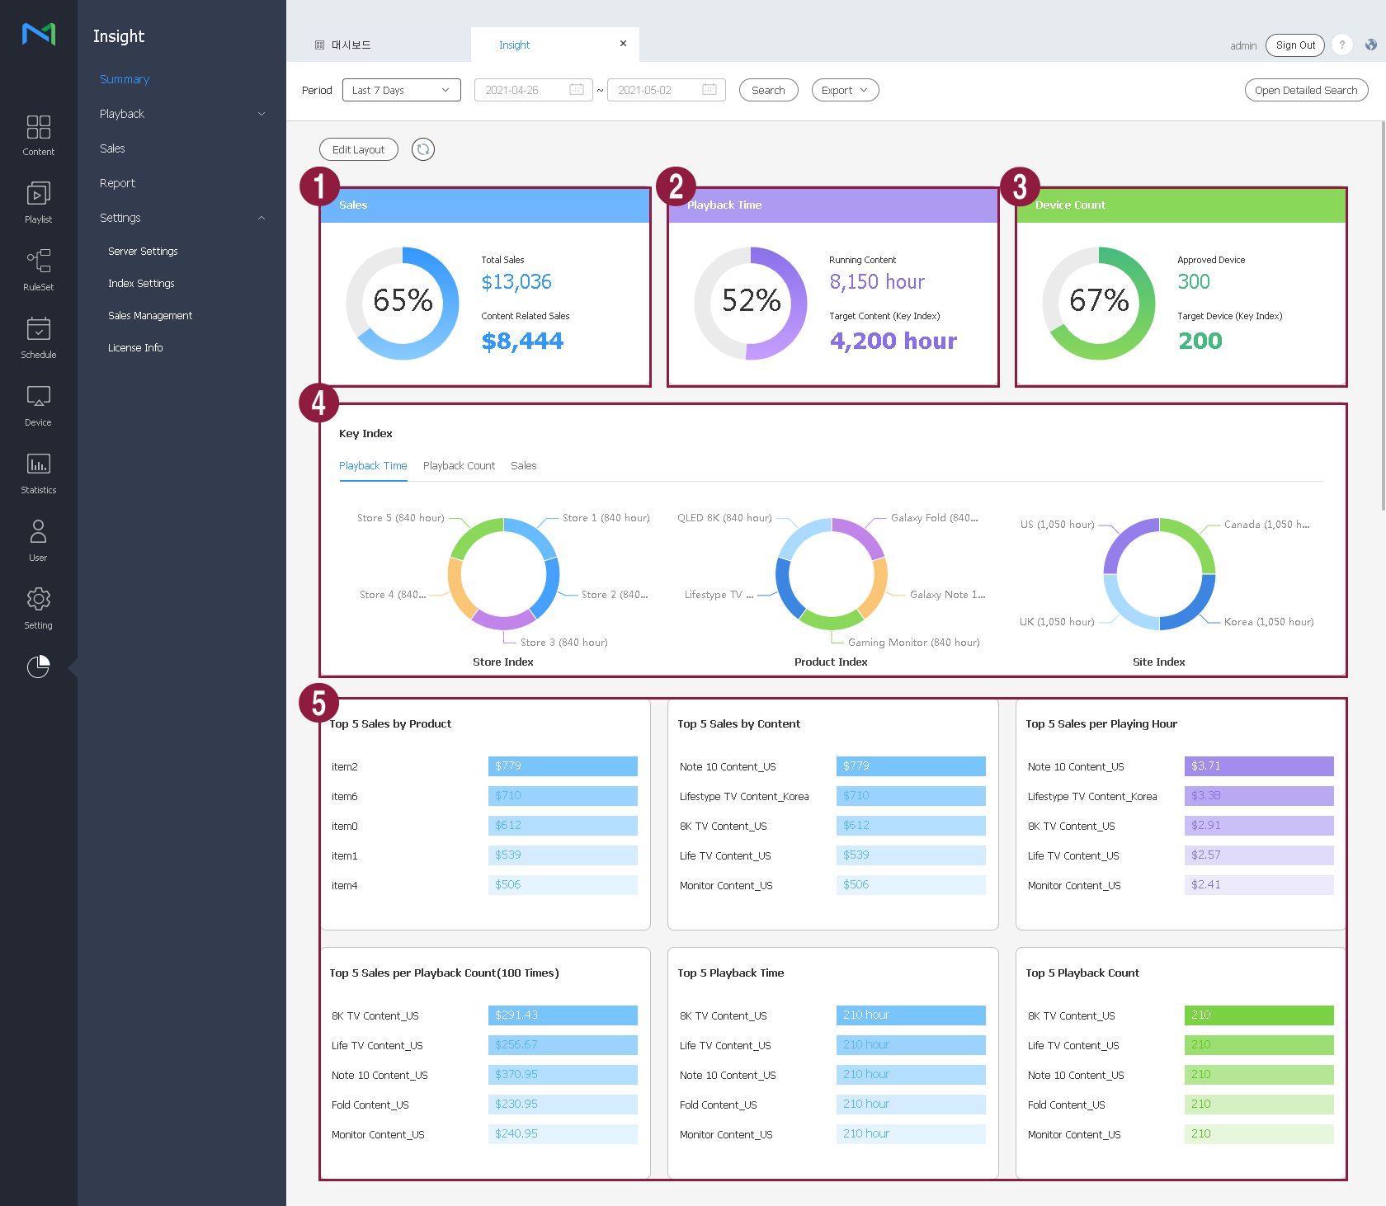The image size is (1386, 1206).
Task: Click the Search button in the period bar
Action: click(x=768, y=90)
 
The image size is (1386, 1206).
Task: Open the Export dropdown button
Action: click(x=845, y=90)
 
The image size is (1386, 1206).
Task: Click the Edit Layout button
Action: click(x=358, y=149)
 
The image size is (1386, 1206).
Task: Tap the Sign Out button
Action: click(x=1294, y=45)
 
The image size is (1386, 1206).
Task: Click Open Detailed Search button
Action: click(x=1305, y=90)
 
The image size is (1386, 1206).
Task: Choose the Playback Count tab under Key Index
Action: click(x=459, y=466)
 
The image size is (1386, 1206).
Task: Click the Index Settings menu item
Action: click(x=141, y=284)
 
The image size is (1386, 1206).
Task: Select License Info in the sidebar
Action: click(x=135, y=348)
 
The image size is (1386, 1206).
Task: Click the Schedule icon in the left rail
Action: click(x=39, y=337)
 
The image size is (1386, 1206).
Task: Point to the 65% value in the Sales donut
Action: click(x=403, y=300)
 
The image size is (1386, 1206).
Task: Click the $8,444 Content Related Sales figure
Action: click(x=522, y=341)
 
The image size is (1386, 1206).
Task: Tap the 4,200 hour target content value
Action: click(x=893, y=341)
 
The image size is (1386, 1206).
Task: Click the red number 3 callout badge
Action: click(x=1020, y=186)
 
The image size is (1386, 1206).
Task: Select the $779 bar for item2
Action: click(x=563, y=766)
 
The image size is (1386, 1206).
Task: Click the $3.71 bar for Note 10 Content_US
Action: click(x=1258, y=766)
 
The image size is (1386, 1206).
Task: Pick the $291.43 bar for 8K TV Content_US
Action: click(x=563, y=1015)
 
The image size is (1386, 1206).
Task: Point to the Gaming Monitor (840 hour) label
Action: click(x=913, y=643)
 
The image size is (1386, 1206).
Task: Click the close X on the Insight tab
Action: click(x=623, y=44)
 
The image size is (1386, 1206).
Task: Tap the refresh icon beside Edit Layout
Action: click(x=423, y=149)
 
